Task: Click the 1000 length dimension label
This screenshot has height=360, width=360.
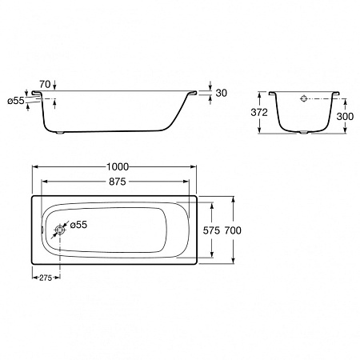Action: (118, 167)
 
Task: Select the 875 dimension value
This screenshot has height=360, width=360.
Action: (118, 182)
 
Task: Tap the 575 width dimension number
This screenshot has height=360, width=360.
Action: (211, 230)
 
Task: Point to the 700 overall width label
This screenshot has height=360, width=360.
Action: (233, 230)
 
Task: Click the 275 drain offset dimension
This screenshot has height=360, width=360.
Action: (46, 278)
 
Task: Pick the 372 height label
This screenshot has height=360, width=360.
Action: (259, 113)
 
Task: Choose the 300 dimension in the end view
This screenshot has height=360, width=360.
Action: (345, 116)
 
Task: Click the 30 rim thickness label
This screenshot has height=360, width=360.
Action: (222, 93)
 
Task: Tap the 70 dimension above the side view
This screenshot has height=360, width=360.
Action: (45, 85)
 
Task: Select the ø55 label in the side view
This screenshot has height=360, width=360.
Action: (16, 101)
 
